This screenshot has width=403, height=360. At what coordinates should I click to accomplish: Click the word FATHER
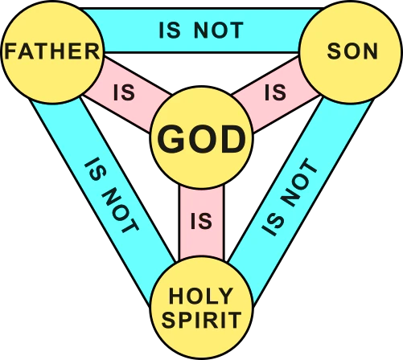pyautogui.click(x=52, y=51)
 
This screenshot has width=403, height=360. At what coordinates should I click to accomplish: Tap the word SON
pyautogui.click(x=352, y=51)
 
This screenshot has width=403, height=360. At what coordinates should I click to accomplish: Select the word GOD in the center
pyautogui.click(x=201, y=140)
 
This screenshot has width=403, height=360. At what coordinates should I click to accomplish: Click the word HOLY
pyautogui.click(x=200, y=296)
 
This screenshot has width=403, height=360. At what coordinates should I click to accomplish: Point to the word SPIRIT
pyautogui.click(x=201, y=320)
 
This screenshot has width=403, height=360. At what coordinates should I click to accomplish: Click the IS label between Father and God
pyautogui.click(x=124, y=92)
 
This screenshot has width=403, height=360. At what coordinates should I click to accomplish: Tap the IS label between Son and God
pyautogui.click(x=275, y=92)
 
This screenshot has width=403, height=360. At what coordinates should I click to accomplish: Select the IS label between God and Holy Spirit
pyautogui.click(x=201, y=221)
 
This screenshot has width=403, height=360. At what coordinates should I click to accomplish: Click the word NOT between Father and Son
pyautogui.click(x=219, y=31)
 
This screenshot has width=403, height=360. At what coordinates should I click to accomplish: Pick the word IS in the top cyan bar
pyautogui.click(x=170, y=31)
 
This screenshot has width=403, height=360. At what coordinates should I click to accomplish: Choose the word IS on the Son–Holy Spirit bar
pyautogui.click(x=273, y=225)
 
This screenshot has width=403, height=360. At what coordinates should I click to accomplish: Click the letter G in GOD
pyautogui.click(x=171, y=140)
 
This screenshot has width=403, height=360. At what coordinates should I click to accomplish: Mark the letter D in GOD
pyautogui.click(x=233, y=140)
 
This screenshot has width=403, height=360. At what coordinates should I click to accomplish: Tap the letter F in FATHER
pyautogui.click(x=10, y=51)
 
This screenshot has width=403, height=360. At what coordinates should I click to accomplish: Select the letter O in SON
pyautogui.click(x=352, y=51)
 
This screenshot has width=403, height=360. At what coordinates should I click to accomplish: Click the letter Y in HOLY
pyautogui.click(x=224, y=296)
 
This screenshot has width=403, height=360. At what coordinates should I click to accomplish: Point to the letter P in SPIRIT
pyautogui.click(x=183, y=320)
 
